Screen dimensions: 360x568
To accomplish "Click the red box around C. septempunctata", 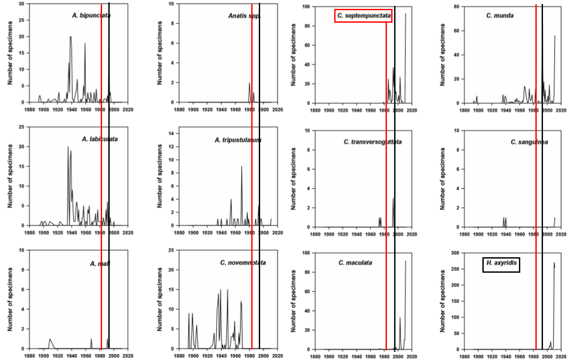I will (x=363, y=15).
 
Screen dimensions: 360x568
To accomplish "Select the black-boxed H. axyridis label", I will (x=501, y=265).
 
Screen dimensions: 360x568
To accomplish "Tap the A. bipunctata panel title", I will (x=91, y=15).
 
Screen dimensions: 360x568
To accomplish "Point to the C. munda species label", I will (x=500, y=15).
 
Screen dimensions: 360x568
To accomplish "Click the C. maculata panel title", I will (x=355, y=263).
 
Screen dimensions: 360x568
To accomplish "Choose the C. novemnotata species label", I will (x=243, y=263).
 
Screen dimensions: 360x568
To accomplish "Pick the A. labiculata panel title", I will (x=99, y=139).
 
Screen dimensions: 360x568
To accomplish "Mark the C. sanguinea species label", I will (x=529, y=142).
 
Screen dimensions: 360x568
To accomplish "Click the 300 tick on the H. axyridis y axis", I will (x=455, y=253).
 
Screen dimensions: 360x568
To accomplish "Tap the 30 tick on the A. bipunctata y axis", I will (x=22, y=4).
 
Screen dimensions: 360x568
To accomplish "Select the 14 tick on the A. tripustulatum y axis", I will (x=171, y=133).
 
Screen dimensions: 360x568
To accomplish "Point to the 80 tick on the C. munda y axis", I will (x=456, y=7).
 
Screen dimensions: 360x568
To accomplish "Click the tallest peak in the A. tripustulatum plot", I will (x=241, y=166).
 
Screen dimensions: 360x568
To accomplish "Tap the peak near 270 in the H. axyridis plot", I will (x=554, y=263).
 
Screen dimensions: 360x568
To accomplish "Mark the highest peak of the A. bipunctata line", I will (x=70, y=37).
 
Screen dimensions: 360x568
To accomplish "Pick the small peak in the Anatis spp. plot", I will (x=249, y=83).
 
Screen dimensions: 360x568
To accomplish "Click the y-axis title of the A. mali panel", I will (x=10, y=299).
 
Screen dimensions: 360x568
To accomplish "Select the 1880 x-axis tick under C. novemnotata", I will (x=179, y=356).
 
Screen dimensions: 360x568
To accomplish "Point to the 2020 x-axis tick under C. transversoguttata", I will (x=412, y=234).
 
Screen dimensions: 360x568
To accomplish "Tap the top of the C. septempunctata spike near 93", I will (x=406, y=14).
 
